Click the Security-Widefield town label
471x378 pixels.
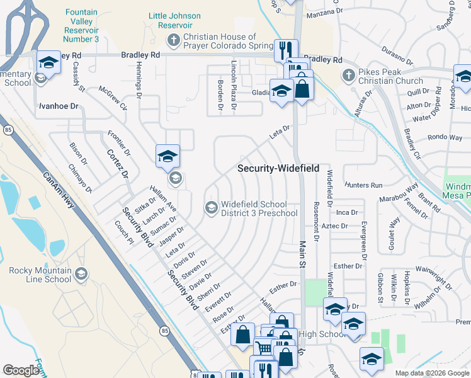[x=278, y=169]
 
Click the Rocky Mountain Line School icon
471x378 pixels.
[x=81, y=274]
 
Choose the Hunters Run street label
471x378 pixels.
[x=363, y=185]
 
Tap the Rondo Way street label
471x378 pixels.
[x=445, y=137]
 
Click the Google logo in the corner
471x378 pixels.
[x=21, y=370]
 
